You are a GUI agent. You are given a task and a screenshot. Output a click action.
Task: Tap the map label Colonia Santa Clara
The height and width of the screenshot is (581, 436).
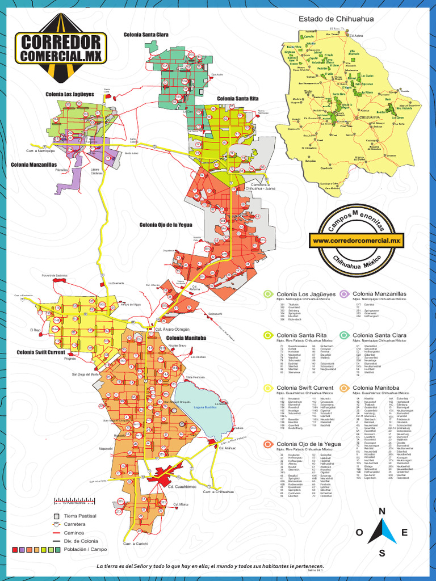point(146,35)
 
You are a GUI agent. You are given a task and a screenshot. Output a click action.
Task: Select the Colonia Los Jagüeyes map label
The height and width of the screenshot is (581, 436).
point(70,94)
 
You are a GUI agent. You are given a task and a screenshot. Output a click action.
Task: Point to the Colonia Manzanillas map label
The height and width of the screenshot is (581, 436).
point(34,165)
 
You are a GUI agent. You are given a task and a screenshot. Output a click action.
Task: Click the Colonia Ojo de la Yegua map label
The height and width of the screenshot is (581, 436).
point(166,225)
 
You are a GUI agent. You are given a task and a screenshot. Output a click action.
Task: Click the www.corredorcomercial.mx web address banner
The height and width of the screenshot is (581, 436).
point(357,241)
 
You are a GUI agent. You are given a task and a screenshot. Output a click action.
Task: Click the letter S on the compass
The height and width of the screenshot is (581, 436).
point(382,553)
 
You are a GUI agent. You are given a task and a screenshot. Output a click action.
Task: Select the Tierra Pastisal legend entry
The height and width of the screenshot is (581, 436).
point(80,516)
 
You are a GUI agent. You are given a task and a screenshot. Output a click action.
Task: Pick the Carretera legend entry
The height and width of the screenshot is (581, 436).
point(74,524)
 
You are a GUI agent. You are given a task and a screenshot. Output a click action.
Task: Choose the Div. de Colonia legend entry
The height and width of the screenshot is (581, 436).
point(81,541)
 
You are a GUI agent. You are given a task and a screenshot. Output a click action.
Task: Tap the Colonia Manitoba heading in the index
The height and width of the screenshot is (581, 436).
point(376,388)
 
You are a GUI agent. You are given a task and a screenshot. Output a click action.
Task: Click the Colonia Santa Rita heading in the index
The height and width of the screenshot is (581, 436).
point(300,335)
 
